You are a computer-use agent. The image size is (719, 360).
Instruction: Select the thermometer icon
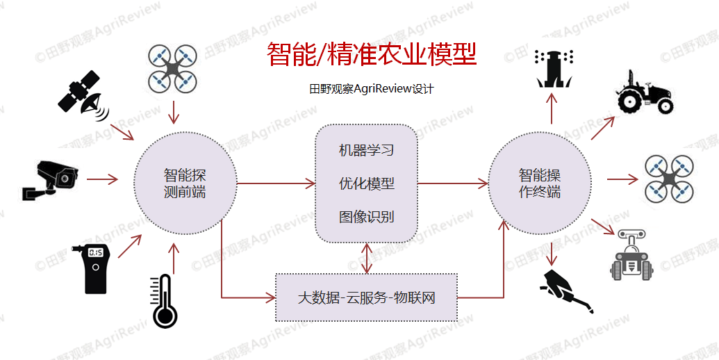(x=165, y=300)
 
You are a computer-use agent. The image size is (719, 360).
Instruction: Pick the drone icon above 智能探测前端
(x=173, y=69)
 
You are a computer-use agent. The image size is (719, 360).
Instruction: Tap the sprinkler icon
(x=553, y=68)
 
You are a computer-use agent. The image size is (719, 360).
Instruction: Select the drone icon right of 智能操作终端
(x=668, y=179)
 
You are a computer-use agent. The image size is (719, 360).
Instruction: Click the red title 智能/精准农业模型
(x=372, y=54)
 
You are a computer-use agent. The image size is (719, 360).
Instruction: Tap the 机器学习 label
(x=366, y=150)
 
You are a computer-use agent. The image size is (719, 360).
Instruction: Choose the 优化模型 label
(x=366, y=183)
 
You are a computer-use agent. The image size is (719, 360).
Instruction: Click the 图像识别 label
(x=366, y=216)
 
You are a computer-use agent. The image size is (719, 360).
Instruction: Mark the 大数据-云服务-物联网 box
(x=366, y=297)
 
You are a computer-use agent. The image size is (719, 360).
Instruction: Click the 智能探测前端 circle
(x=185, y=183)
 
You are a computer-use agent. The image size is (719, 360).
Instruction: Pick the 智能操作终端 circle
(x=540, y=183)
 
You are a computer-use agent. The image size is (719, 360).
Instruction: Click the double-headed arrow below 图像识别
(x=367, y=257)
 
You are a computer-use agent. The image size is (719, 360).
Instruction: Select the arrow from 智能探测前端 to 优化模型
(x=276, y=184)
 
